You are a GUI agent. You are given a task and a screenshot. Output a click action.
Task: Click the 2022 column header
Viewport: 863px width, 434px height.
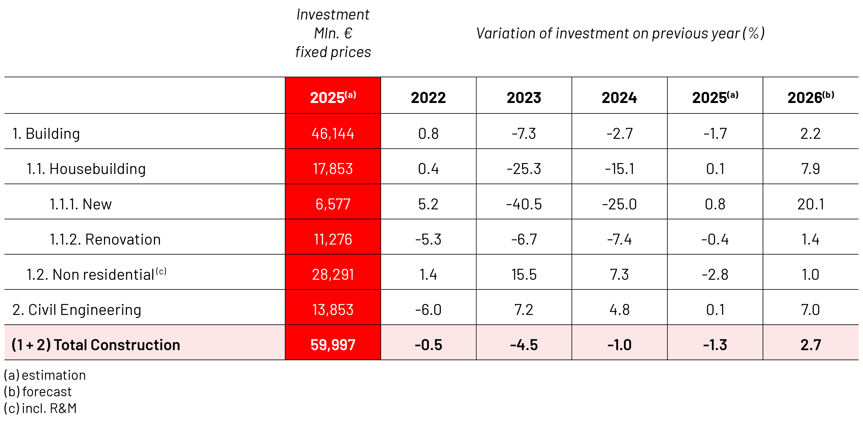[x=428, y=98]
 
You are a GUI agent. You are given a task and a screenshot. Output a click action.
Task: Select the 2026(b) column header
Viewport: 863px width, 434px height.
[x=810, y=97]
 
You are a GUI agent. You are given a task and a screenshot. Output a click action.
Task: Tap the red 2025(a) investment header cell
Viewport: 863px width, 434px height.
[x=333, y=95]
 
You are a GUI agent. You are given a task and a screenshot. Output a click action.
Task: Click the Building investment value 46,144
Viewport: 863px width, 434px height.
[x=333, y=133]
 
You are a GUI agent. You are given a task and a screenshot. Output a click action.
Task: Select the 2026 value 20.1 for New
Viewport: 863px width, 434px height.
[x=810, y=204]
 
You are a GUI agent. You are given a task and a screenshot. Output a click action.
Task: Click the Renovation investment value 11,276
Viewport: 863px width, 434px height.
[x=333, y=239]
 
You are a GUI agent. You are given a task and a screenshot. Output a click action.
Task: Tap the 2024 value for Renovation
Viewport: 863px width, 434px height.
[x=619, y=239]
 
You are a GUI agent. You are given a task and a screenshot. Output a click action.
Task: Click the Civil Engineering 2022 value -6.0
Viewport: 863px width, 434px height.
[x=428, y=309]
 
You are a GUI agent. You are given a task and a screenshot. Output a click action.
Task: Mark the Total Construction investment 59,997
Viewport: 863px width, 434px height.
[x=333, y=345]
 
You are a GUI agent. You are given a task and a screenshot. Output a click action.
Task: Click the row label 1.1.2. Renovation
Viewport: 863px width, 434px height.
[x=105, y=239]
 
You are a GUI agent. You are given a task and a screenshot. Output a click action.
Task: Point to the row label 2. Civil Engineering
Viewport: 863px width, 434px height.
[x=77, y=310]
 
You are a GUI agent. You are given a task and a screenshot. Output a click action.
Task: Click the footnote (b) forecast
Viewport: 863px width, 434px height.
[x=38, y=392]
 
